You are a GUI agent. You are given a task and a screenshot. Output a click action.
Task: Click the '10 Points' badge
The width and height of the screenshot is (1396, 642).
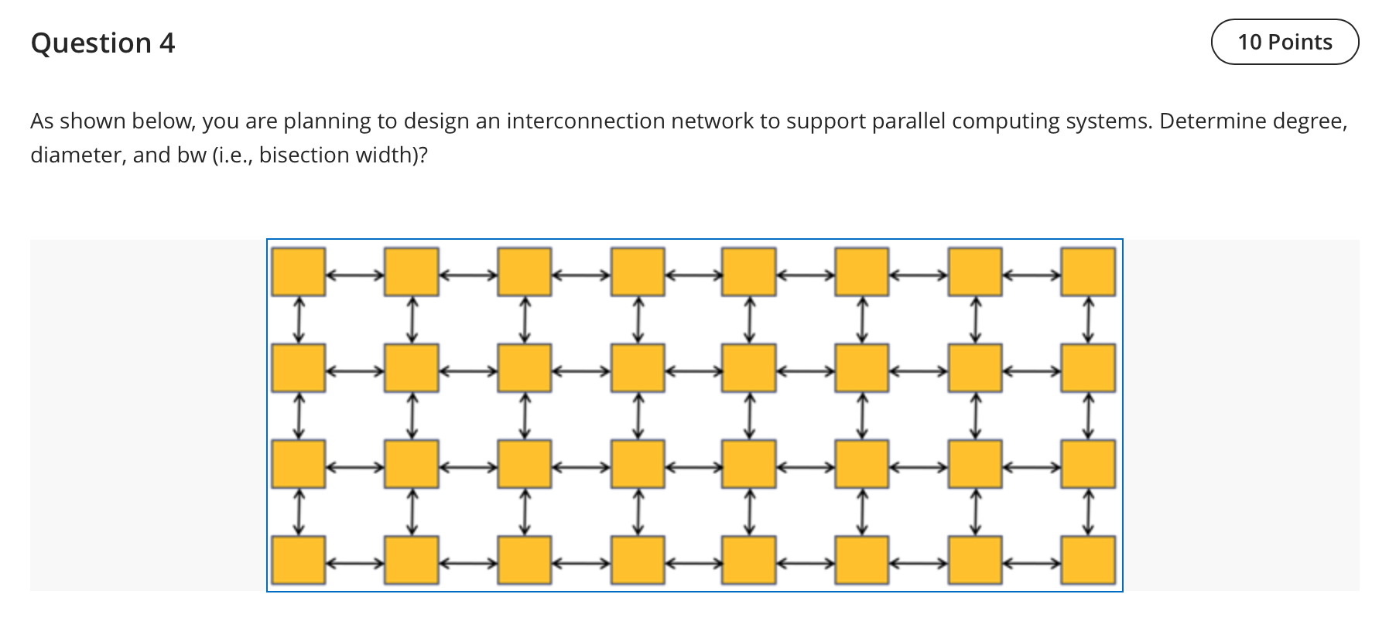(1285, 42)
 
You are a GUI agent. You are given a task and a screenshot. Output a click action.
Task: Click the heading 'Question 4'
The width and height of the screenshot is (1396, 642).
(103, 43)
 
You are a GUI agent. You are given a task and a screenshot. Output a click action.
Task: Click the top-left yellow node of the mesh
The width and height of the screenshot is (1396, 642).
(298, 271)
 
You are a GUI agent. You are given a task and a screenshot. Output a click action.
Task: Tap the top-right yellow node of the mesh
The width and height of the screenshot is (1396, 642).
(1088, 271)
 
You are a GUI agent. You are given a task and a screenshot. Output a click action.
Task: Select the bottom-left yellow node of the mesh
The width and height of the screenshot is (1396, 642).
(298, 560)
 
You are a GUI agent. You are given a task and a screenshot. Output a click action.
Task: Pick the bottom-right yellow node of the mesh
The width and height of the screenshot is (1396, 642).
(1088, 560)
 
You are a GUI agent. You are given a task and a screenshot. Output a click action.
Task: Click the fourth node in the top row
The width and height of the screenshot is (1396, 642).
(637, 271)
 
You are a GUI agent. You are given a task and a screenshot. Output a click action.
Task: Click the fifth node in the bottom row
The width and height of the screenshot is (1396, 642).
(749, 560)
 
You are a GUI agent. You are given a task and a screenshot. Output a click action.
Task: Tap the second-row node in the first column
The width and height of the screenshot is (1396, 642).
(298, 367)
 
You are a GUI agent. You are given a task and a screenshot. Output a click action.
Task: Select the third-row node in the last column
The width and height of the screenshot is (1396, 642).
(1088, 463)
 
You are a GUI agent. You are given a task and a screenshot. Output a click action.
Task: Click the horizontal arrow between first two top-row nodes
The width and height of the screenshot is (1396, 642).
(354, 273)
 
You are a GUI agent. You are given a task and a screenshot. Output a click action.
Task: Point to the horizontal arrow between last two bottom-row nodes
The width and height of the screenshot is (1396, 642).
(1032, 562)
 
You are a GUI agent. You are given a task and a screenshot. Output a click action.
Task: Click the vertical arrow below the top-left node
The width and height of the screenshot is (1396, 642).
(299, 319)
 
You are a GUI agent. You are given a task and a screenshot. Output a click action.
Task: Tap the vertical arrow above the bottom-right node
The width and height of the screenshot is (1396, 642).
(1088, 511)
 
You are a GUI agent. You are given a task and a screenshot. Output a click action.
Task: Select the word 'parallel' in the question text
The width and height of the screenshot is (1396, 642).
(908, 121)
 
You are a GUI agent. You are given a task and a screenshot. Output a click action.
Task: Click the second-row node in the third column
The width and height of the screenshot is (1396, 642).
(524, 367)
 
